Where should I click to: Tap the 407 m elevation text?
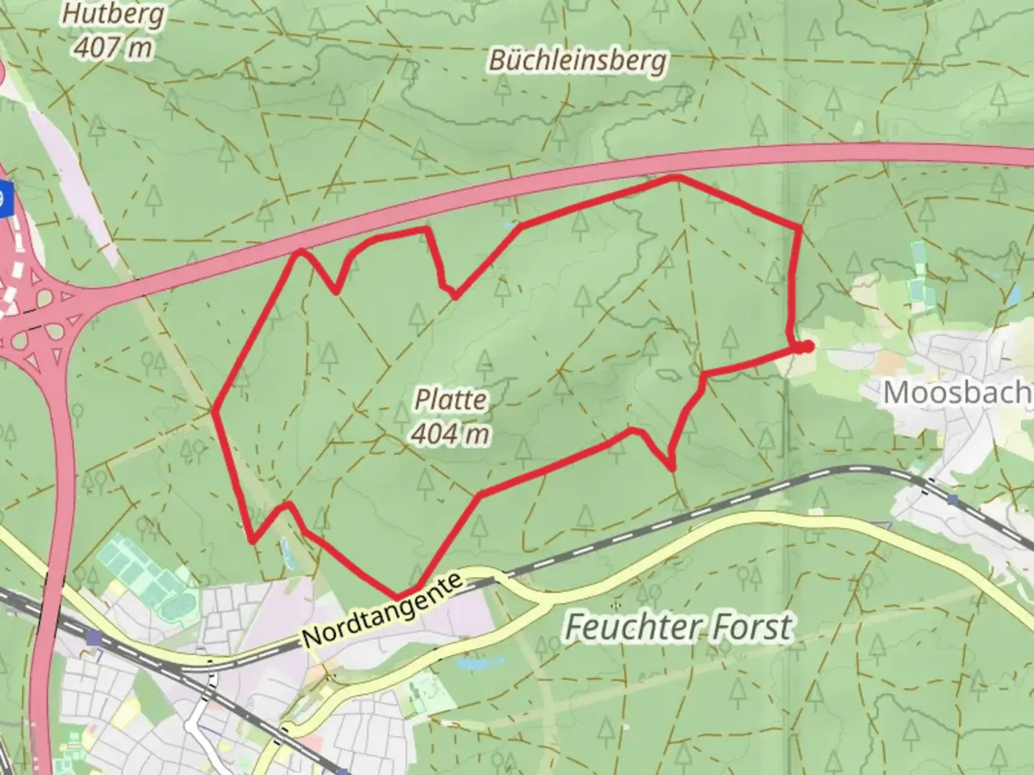coord(113,48)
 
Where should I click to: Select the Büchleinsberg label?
coord(577,60)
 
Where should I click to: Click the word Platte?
coord(451,400)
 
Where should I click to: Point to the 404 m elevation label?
coord(451,433)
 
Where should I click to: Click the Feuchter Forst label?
coord(679,627)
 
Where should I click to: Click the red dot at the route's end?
coord(807,347)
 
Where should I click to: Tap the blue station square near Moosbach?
coord(952,499)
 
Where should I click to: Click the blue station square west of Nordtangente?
coord(93,637)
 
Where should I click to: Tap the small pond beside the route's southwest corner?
coord(286,550)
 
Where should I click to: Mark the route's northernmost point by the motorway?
coord(674,177)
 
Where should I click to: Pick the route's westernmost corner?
coord(215,410)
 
